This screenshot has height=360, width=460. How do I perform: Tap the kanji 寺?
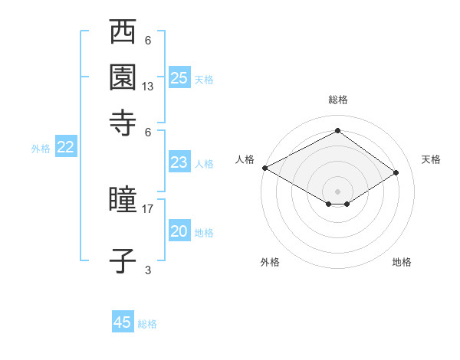[123, 122]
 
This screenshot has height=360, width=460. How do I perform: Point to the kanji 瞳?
[123, 200]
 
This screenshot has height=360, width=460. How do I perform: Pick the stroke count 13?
[148, 87]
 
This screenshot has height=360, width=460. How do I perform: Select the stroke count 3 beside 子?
[148, 270]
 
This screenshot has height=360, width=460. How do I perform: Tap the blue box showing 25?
[179, 78]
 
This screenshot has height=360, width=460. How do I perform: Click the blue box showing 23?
[179, 162]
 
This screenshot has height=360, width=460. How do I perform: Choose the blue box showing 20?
[179, 231]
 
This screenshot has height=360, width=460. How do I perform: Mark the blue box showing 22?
[65, 147]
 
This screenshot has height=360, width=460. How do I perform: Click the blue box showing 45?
[123, 322]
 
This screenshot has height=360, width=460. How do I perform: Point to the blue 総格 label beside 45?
[147, 324]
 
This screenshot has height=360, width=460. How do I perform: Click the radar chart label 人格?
[245, 159]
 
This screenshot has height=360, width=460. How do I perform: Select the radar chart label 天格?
[431, 159]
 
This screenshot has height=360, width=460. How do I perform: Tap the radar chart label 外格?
[270, 262]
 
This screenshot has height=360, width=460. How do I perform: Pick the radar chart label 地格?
[402, 262]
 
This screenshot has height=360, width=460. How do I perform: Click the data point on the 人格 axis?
[264, 167]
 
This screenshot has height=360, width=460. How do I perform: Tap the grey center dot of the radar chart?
[337, 191]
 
